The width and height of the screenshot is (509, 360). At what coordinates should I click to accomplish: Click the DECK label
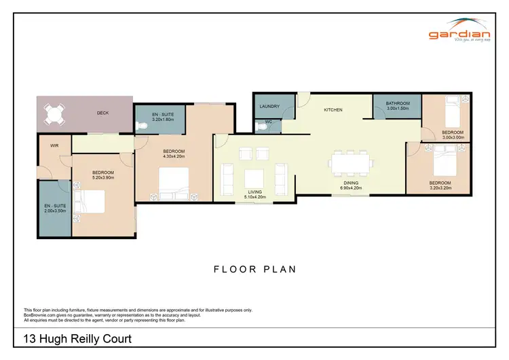102,113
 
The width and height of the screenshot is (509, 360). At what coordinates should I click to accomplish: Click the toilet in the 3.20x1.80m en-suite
142,126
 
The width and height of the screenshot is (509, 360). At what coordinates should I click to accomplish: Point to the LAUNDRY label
269,106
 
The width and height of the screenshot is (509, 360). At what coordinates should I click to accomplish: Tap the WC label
269,122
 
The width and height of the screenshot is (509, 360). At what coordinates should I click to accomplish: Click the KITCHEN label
333,109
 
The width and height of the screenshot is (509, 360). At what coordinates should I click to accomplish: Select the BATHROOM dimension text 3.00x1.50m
397,109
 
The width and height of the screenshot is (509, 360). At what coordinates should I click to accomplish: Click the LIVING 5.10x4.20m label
254,194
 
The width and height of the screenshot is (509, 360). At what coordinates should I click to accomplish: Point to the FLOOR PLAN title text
254,269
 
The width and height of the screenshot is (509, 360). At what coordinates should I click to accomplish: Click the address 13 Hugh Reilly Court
77,339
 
